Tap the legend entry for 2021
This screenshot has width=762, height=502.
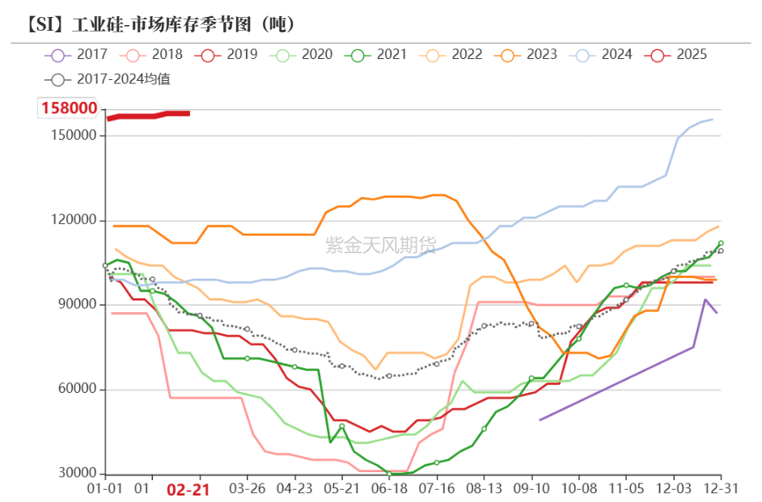tap(377, 55)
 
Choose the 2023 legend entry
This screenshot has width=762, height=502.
tap(527, 55)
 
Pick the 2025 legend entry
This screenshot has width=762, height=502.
tap(677, 55)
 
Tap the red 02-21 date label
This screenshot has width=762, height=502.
tap(188, 490)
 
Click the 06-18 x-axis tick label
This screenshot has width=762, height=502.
tap(389, 490)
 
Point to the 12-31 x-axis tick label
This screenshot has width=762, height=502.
tap(719, 490)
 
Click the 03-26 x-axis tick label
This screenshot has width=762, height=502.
tap(248, 490)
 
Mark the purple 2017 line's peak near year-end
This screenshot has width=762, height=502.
tap(705, 300)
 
